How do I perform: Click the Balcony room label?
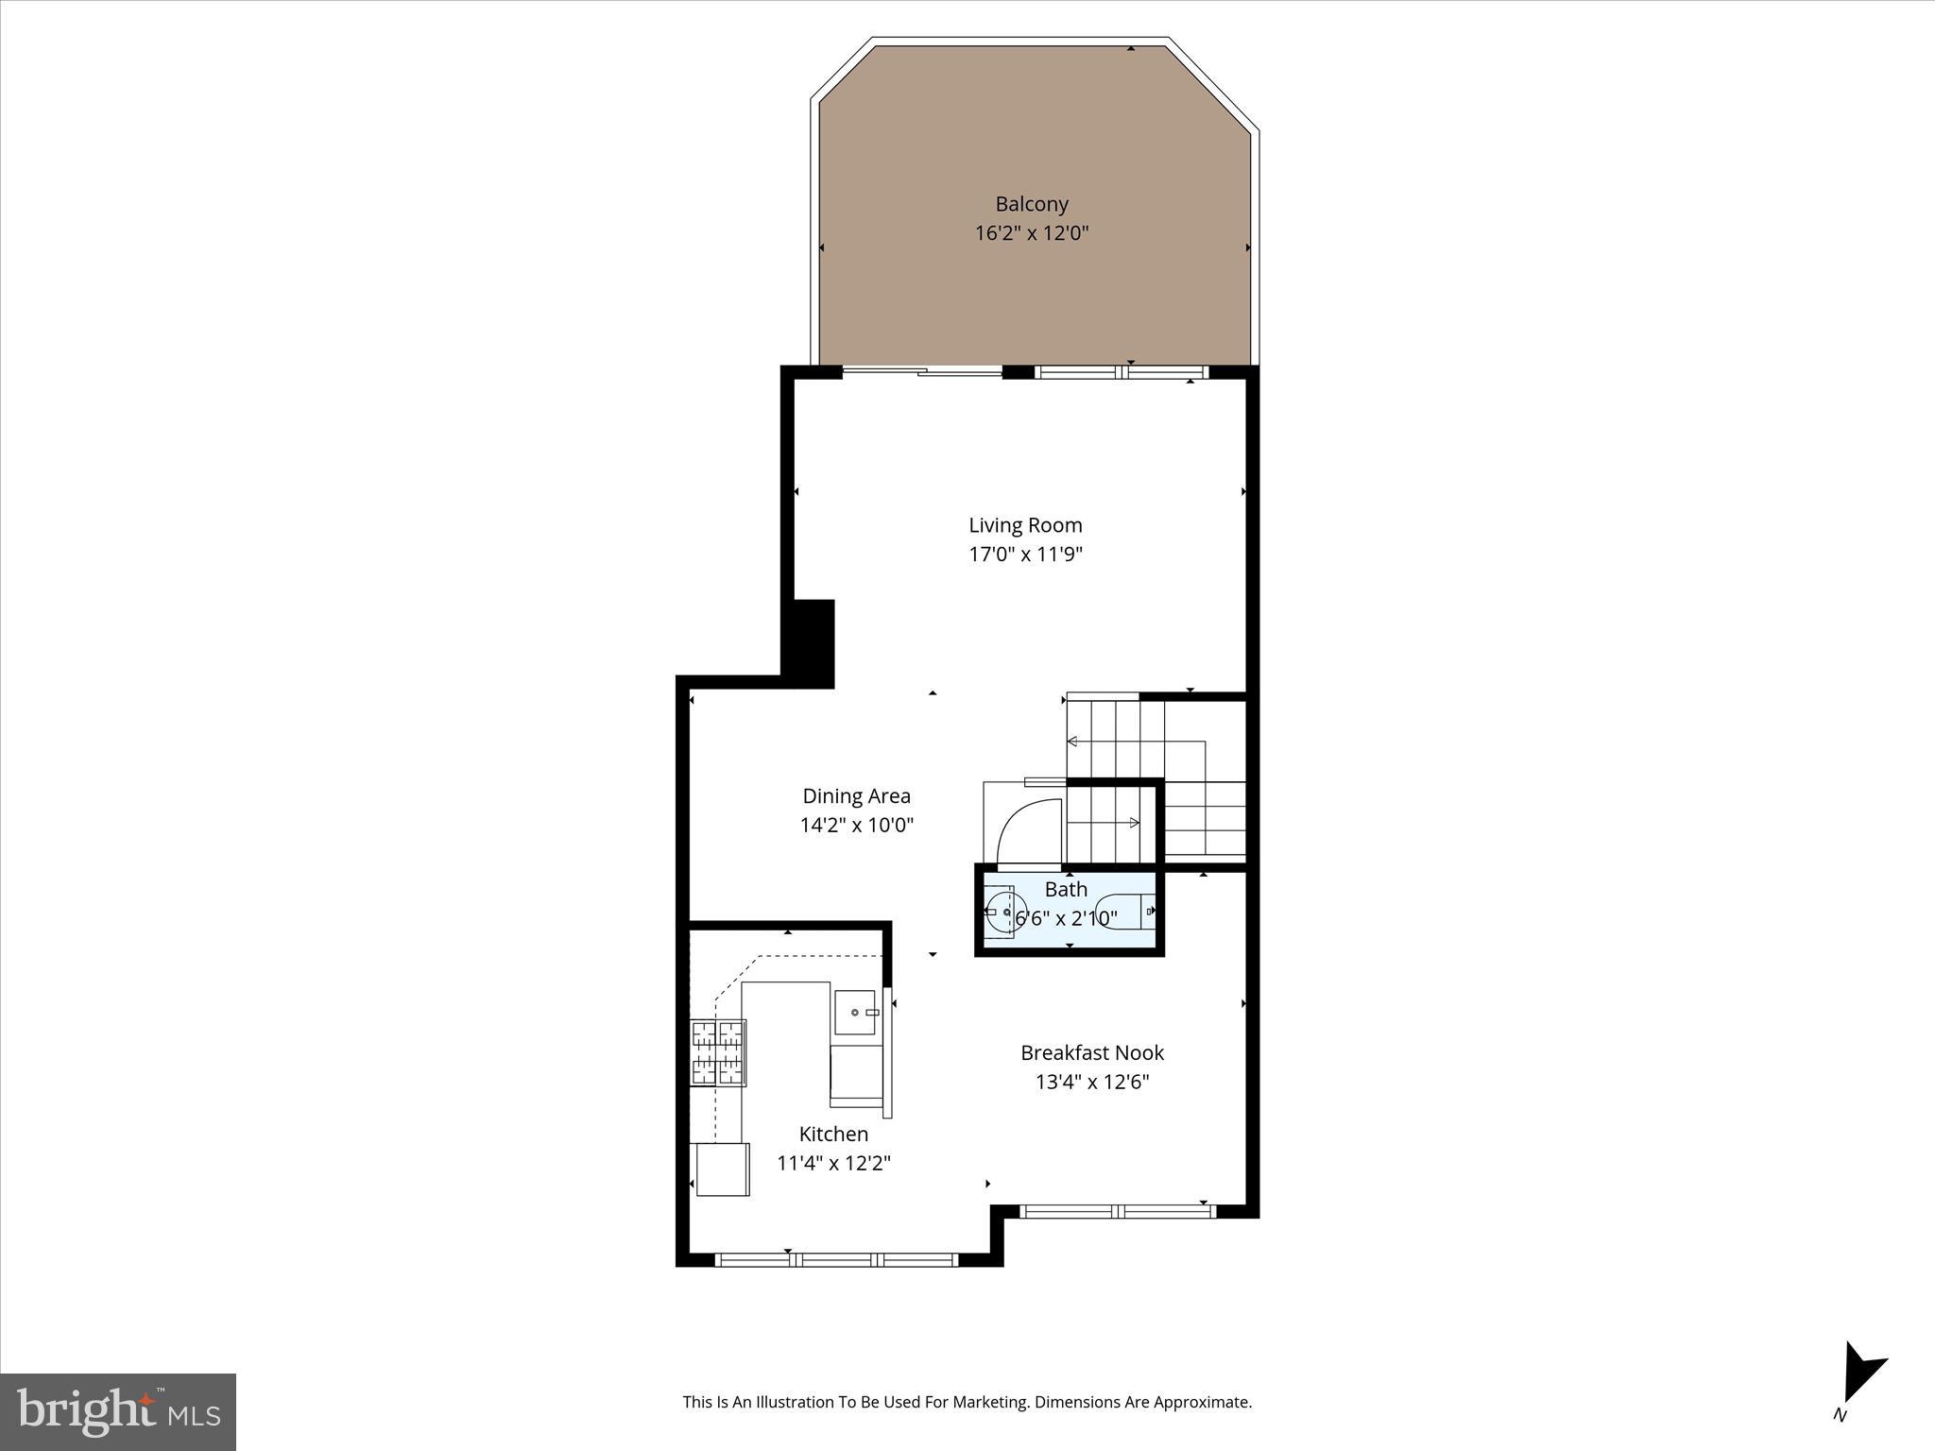1032,204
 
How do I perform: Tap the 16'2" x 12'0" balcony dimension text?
1032,233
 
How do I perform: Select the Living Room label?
1025,525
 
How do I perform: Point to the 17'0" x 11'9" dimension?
1025,555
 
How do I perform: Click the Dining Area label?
856,796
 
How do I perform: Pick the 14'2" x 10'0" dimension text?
856,826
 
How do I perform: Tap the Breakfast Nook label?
1092,1052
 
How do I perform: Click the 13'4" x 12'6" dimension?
1092,1082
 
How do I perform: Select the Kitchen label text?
833,1135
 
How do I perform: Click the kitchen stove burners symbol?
718,1052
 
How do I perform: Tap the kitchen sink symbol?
855,1013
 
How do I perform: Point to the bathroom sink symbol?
1004,912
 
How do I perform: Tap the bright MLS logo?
118,1411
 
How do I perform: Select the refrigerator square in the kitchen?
723,1169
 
